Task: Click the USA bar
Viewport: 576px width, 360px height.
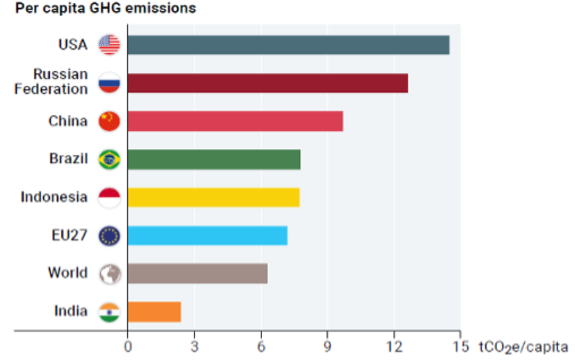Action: (x=288, y=45)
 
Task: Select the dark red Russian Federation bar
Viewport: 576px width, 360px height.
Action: (x=268, y=83)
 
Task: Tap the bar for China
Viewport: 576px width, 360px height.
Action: (x=235, y=121)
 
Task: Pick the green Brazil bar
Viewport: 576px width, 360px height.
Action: (x=214, y=159)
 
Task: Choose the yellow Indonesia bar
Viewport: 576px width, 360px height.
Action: (x=213, y=197)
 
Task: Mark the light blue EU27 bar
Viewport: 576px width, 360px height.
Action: (x=207, y=235)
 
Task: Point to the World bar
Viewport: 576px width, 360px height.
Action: (x=197, y=274)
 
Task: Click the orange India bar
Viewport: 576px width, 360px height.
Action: (x=154, y=312)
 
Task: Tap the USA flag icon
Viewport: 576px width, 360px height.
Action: (x=109, y=45)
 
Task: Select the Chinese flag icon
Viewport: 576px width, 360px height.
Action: (x=109, y=121)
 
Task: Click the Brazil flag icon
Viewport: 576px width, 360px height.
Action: (x=109, y=159)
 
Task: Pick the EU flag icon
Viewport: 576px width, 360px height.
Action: (x=109, y=235)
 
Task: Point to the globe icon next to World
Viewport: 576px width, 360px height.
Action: (x=109, y=274)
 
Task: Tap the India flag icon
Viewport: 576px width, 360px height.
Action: (x=109, y=312)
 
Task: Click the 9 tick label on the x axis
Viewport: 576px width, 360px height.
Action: (x=328, y=345)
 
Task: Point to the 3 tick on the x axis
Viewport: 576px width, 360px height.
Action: (x=194, y=345)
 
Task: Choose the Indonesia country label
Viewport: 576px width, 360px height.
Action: (x=54, y=197)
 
